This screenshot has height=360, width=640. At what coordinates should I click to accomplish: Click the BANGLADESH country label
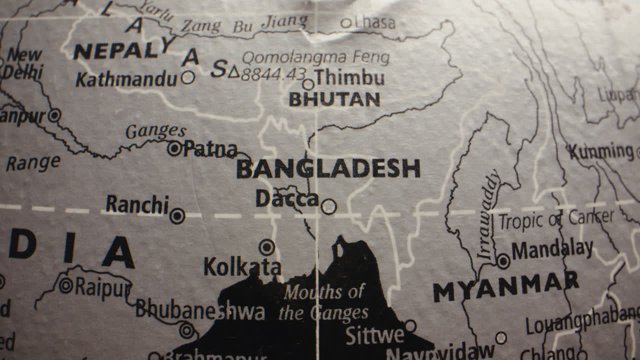[x=328, y=169]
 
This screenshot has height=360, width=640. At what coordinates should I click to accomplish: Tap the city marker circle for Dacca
[x=328, y=206]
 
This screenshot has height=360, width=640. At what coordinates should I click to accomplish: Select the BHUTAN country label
[x=334, y=99]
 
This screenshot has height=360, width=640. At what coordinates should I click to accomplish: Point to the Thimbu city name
[x=350, y=78]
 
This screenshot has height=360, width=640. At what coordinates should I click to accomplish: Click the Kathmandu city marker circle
[x=188, y=77]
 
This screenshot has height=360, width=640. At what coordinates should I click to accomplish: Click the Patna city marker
[x=174, y=148]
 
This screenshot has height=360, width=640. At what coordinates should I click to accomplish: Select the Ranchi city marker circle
[x=177, y=216]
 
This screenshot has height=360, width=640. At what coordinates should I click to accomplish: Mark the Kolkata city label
[x=242, y=267]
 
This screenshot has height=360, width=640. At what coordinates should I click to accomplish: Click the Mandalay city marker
[x=503, y=261]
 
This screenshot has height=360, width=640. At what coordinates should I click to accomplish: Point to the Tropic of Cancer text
[x=556, y=219]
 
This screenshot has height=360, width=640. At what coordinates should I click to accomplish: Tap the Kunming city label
[x=600, y=151]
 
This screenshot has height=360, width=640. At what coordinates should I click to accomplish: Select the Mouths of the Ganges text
[x=324, y=303]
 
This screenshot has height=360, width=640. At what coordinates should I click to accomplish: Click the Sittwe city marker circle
[x=410, y=326]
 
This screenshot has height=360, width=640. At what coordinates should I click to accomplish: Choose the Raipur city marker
[x=66, y=285]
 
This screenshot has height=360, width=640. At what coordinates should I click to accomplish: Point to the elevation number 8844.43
[x=273, y=74]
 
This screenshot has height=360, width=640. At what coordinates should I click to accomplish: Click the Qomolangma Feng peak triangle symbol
[x=233, y=72]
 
